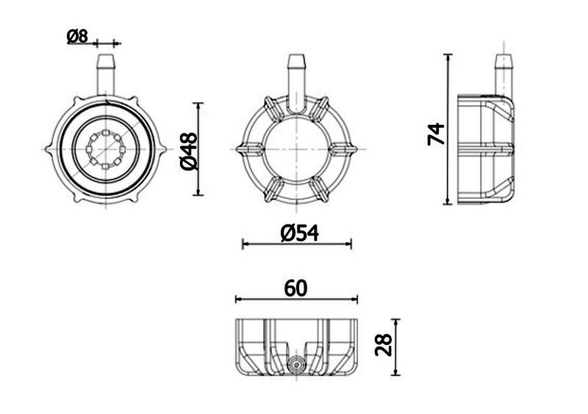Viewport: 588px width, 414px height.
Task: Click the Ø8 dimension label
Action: pos(78,37)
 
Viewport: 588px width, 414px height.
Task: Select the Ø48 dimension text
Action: pos(189,151)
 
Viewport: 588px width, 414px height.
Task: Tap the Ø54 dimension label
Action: pos(300,233)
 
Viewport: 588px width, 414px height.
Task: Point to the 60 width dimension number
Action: pos(295,288)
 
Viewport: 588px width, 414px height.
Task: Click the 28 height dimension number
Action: pos(384,345)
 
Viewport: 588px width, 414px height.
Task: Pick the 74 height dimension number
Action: pos(436,134)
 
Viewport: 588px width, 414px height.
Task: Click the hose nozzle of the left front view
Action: pos(106,75)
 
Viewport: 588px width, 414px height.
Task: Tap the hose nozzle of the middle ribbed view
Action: pos(296,83)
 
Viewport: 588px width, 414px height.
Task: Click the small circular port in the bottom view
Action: pos(296,364)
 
